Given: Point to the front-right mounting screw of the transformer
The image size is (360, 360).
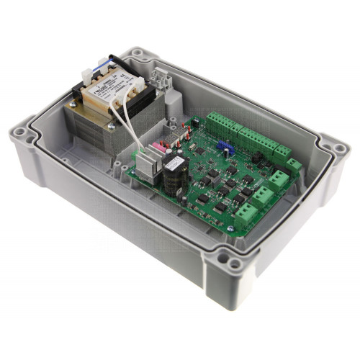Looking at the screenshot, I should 112,127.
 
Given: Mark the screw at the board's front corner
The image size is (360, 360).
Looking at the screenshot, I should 231,229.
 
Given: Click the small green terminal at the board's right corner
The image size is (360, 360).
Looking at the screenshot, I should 293,166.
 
